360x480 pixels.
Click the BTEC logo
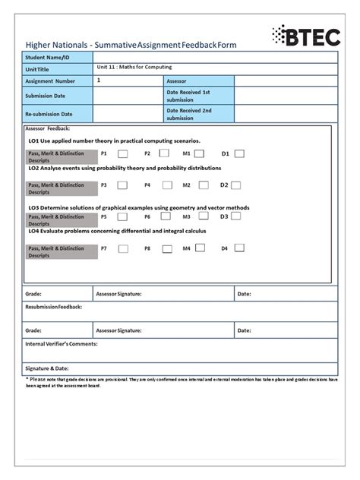click(x=305, y=36)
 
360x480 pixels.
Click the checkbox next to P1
click(x=122, y=153)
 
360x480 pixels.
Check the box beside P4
click(x=166, y=185)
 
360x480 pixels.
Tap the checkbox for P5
click(x=122, y=216)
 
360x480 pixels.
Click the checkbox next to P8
click(x=166, y=248)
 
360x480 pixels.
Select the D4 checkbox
click(x=238, y=248)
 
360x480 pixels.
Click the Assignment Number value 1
click(x=99, y=80)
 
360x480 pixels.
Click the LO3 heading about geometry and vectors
click(x=138, y=207)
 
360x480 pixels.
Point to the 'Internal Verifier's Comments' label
click(x=62, y=344)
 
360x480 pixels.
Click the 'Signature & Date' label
click(x=47, y=368)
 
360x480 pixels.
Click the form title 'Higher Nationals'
click(x=56, y=45)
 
